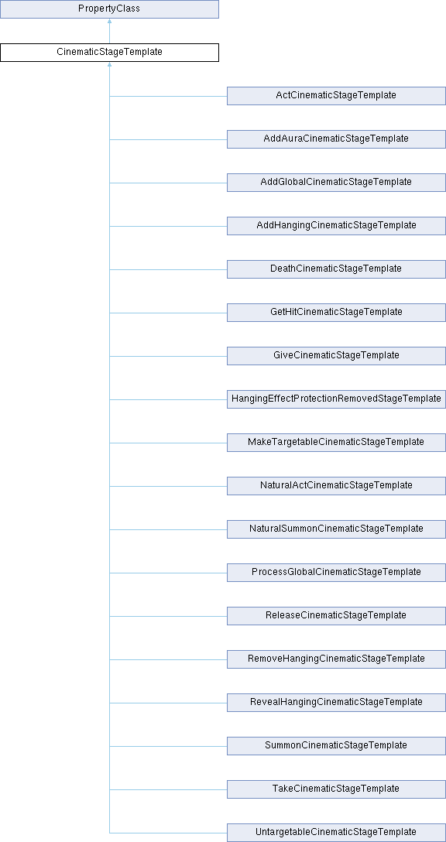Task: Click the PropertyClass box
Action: coord(109,9)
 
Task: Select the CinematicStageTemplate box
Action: coord(109,53)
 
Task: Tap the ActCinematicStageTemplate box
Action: coord(336,96)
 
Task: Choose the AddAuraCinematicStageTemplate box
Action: coord(336,139)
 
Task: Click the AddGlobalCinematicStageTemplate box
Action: coord(336,183)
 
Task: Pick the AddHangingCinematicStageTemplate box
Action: coord(336,226)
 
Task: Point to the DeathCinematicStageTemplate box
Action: coord(336,269)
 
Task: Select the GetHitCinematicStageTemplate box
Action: coord(336,313)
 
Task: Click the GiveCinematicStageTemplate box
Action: coord(336,356)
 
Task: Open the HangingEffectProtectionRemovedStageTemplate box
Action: coord(336,399)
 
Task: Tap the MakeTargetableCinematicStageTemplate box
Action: coord(336,443)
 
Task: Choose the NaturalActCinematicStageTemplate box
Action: coord(336,486)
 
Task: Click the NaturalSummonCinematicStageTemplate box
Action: coord(336,529)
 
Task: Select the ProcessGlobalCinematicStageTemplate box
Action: coord(336,573)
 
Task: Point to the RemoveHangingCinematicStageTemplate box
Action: coord(336,659)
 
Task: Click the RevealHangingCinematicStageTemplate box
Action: coord(336,703)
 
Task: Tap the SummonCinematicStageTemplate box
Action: coord(336,746)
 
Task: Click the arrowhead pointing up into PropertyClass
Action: coord(109,21)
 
